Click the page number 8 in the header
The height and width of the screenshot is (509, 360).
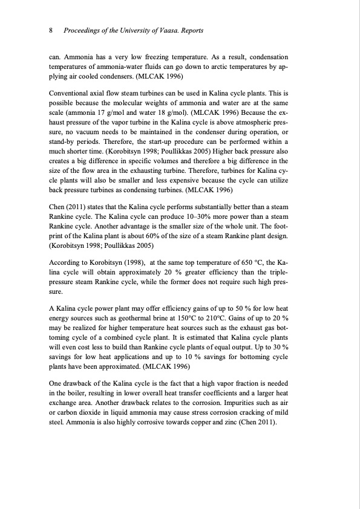click(51, 30)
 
